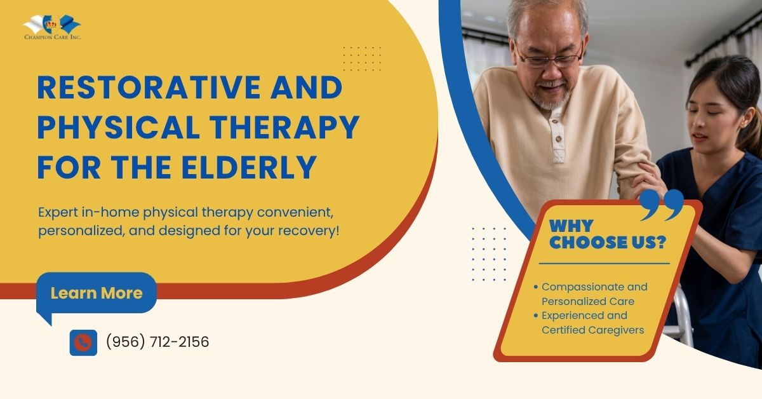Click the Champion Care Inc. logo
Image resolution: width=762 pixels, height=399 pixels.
[x=52, y=27]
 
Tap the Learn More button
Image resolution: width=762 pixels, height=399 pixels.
[x=97, y=293]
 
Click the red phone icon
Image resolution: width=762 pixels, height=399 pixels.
[x=83, y=342]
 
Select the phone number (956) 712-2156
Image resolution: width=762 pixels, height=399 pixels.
[x=157, y=342]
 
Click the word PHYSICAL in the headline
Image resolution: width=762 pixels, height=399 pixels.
[x=111, y=128]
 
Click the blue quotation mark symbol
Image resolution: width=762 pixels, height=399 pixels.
[x=661, y=205]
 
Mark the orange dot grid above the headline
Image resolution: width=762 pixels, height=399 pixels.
[x=361, y=58]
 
